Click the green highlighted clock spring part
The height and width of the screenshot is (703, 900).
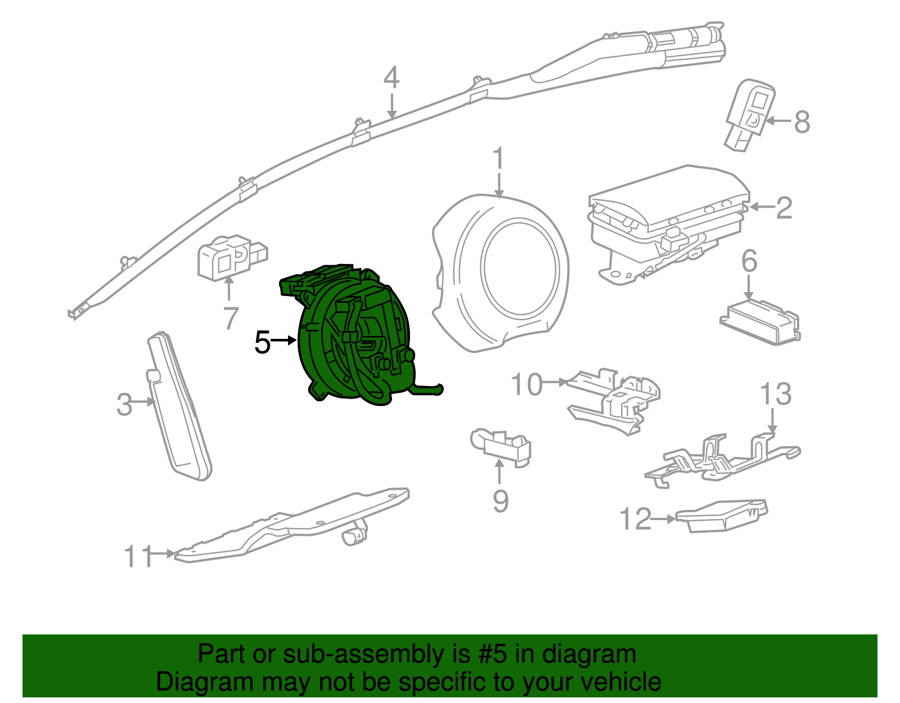point(354,338)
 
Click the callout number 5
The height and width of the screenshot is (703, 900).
point(262,342)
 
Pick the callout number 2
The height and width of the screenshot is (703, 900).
point(784,208)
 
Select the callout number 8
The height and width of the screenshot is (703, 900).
point(802,122)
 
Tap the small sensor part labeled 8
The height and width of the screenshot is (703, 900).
point(750,115)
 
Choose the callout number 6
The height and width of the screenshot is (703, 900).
point(749,261)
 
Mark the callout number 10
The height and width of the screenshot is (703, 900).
point(526,384)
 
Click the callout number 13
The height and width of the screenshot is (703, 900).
point(776,394)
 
